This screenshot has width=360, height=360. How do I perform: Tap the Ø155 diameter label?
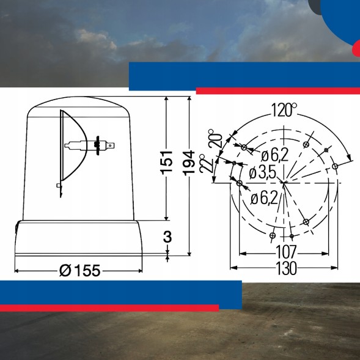pos(80,270)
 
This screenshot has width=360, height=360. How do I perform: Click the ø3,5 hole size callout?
pos(263,174)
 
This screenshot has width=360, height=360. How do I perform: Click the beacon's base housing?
pos(79,240)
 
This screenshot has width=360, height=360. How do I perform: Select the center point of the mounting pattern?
pos(283,182)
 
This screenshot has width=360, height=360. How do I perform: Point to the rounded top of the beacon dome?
pos(79,105)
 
